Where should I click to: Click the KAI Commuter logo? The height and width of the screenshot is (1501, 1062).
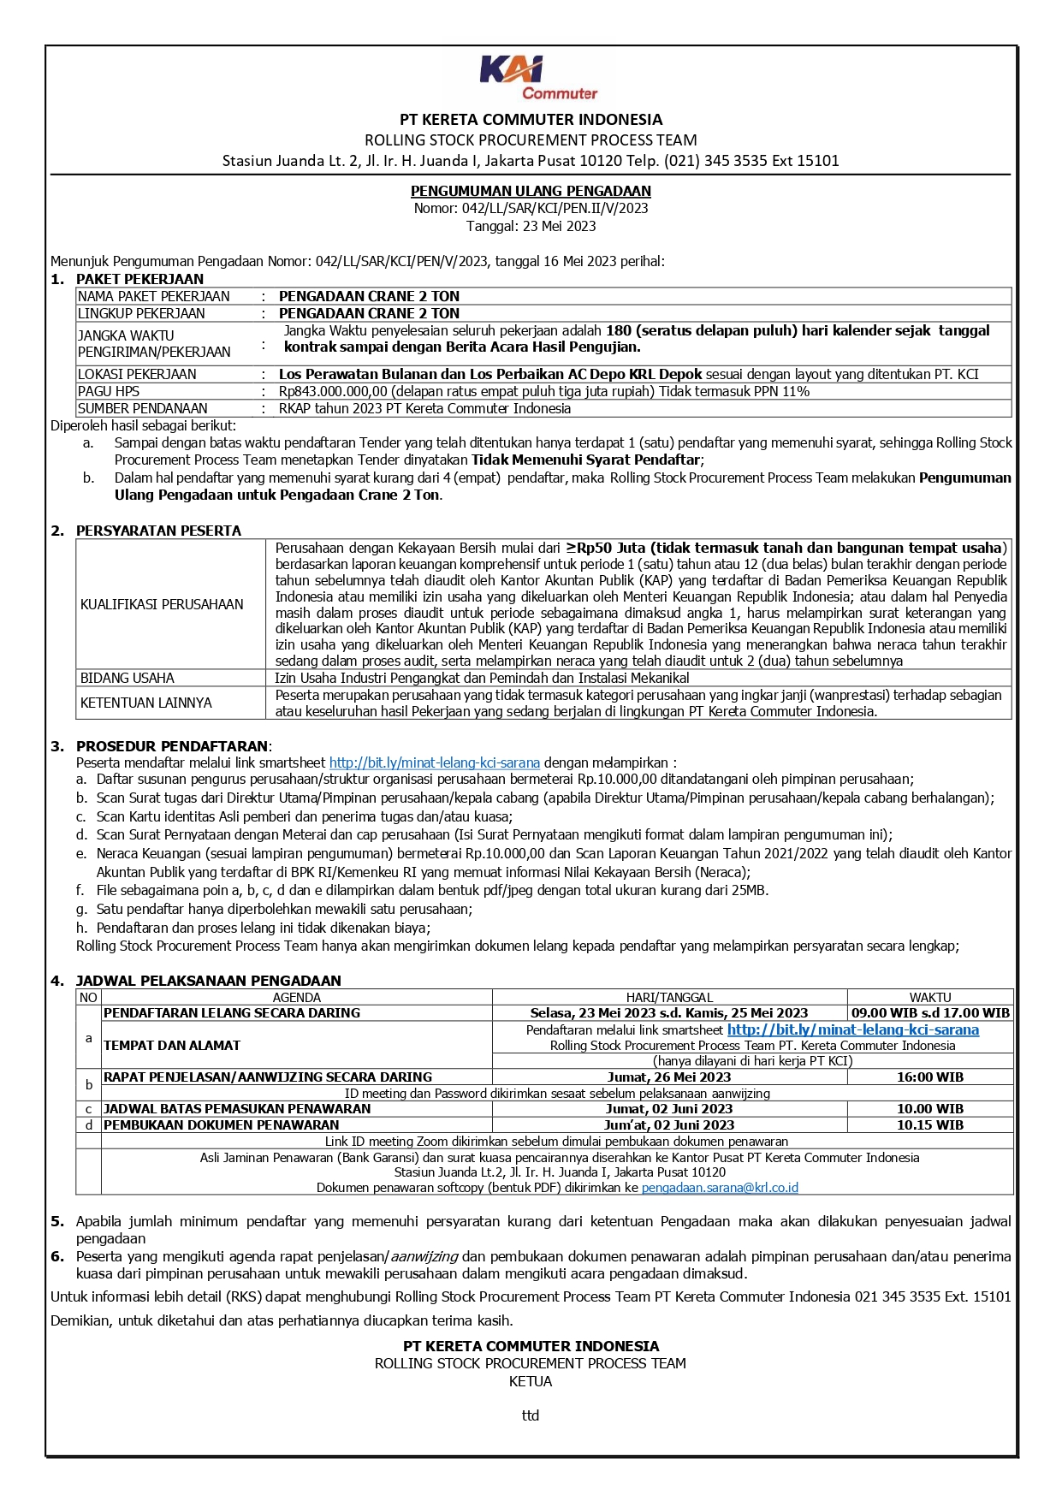(537, 78)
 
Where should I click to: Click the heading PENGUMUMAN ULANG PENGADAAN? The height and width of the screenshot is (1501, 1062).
(531, 191)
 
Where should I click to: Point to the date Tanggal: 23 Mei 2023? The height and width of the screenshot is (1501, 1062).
(531, 226)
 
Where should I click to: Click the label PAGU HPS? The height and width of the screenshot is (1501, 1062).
(109, 391)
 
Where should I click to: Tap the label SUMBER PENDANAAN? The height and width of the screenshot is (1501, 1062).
(143, 408)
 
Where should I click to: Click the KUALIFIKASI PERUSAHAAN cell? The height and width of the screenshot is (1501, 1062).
(162, 604)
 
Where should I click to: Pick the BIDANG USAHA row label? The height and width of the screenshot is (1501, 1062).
(128, 678)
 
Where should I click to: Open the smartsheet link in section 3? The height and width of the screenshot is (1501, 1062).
(434, 762)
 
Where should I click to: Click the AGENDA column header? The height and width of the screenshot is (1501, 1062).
(296, 997)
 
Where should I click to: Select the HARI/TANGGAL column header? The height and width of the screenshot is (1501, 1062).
(669, 997)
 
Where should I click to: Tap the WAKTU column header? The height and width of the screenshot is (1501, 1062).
(929, 997)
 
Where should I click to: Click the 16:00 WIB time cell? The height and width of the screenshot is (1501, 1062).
(929, 1077)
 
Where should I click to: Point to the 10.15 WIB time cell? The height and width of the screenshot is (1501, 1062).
(929, 1124)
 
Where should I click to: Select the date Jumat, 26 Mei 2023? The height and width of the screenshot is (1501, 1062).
(669, 1077)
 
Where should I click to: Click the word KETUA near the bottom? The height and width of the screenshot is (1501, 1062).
(531, 1381)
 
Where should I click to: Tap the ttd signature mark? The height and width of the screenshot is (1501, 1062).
(531, 1415)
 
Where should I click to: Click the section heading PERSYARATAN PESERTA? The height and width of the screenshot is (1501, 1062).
(158, 531)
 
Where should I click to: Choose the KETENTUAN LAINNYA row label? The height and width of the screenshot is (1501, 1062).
(146, 703)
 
